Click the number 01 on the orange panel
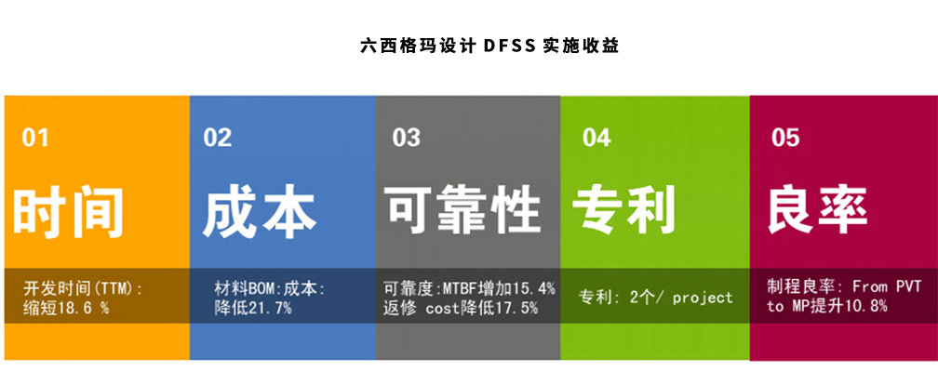(34, 138)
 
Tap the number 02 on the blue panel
(217, 138)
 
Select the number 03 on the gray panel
(406, 138)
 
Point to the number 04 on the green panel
(596, 138)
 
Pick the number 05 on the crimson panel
(784, 138)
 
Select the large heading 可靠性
(462, 210)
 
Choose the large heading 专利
(623, 209)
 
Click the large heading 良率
(818, 209)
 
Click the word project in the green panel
(703, 298)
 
